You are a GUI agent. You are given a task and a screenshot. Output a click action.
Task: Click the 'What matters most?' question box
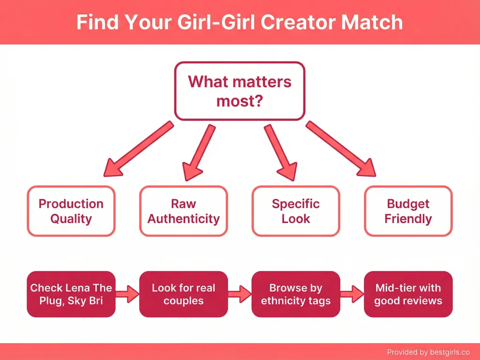(240, 91)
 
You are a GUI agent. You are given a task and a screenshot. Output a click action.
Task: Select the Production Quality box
(71, 211)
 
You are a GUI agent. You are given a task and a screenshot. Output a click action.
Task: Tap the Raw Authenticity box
(183, 211)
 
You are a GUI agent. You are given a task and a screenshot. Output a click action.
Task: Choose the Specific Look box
(296, 211)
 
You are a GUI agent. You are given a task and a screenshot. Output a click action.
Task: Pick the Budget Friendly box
(408, 211)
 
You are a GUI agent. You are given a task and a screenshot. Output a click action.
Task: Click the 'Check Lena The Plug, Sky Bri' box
(71, 294)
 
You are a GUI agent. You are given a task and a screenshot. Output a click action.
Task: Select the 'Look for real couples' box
(183, 294)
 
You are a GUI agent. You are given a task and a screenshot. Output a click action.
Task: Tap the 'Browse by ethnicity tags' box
(296, 294)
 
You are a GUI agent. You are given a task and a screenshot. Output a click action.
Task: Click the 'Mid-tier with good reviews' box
(408, 294)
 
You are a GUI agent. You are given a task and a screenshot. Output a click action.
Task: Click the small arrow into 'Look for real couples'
(127, 294)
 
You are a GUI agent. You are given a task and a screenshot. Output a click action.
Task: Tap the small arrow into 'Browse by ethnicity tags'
(239, 294)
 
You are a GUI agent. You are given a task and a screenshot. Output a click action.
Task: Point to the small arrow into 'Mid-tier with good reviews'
(352, 294)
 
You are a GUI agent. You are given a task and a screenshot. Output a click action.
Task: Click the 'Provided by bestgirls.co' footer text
(428, 352)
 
